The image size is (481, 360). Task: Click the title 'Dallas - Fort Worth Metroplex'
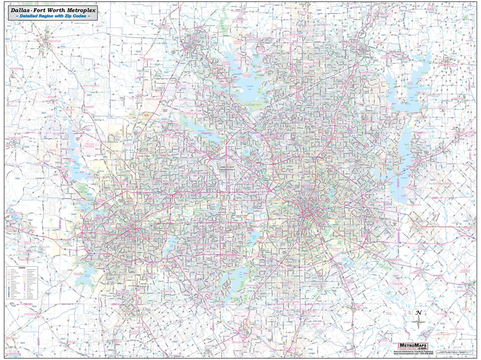[x=51, y=10]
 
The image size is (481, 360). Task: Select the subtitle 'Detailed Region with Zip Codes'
[x=51, y=17]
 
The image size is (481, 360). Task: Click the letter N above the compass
[x=419, y=313]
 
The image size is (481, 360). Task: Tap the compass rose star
[x=419, y=322]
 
